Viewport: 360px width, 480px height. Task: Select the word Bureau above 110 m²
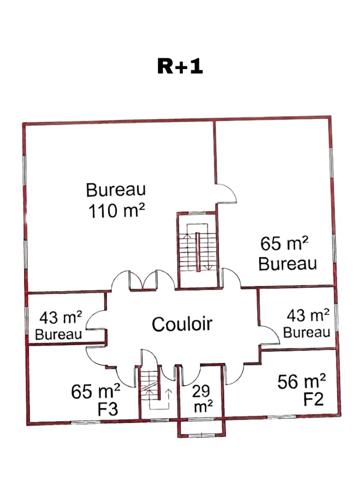117,190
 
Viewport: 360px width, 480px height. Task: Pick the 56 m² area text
299,381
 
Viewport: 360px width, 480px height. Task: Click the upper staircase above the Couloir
197,249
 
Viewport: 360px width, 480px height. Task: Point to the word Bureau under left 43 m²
58,333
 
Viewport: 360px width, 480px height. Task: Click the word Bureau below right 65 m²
287,264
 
